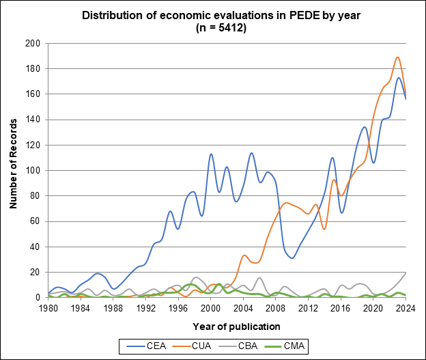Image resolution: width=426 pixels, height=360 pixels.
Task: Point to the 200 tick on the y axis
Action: (31, 43)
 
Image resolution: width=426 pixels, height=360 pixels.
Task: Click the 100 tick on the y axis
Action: (31, 170)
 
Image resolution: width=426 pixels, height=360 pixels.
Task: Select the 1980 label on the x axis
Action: (48, 308)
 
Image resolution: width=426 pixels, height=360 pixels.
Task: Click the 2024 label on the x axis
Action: (406, 308)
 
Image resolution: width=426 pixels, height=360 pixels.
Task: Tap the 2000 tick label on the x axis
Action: (211, 308)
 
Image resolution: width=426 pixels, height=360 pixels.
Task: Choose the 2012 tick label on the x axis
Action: (308, 308)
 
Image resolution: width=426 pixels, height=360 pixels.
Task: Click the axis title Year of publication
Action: (227, 326)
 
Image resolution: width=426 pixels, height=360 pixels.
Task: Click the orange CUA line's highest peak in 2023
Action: (397, 57)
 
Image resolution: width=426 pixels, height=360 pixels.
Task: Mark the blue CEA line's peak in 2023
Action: (398, 77)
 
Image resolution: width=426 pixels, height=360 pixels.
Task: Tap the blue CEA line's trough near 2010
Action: (292, 258)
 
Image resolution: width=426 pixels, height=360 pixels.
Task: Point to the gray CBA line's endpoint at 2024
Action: (406, 272)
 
